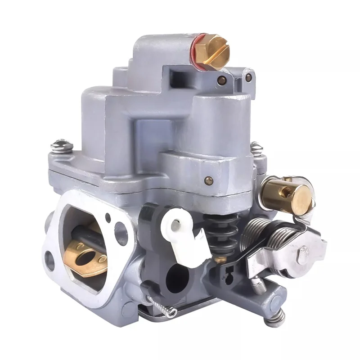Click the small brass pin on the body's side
pyautogui.click(x=208, y=180)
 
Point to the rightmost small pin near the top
pyautogui.click(x=248, y=77)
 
